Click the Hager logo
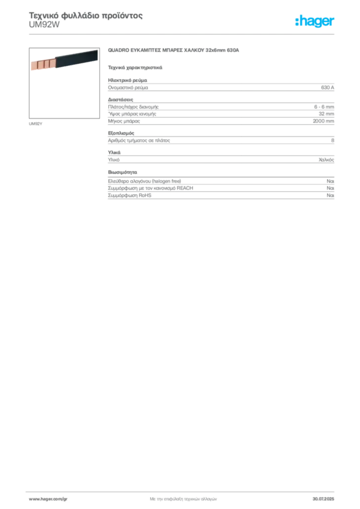[x=315, y=21]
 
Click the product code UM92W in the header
[x=44, y=25]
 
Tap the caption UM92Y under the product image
[x=35, y=124]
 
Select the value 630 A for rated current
[x=328, y=87]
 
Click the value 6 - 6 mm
[x=324, y=107]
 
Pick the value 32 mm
[x=326, y=114]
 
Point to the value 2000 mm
[x=323, y=121]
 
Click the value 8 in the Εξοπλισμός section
[x=333, y=140]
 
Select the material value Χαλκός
[x=326, y=160]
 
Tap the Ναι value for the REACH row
[x=331, y=188]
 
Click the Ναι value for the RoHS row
[x=331, y=195]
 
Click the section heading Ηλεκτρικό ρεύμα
[x=128, y=80]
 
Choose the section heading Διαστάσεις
[x=121, y=99]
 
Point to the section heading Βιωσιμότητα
[x=123, y=172]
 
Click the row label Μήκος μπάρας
[x=124, y=121]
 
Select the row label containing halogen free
[x=145, y=181]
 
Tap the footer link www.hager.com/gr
[x=48, y=499]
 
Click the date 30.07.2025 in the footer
[x=323, y=499]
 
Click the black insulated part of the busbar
[x=77, y=59]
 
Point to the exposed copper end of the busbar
[x=43, y=64]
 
